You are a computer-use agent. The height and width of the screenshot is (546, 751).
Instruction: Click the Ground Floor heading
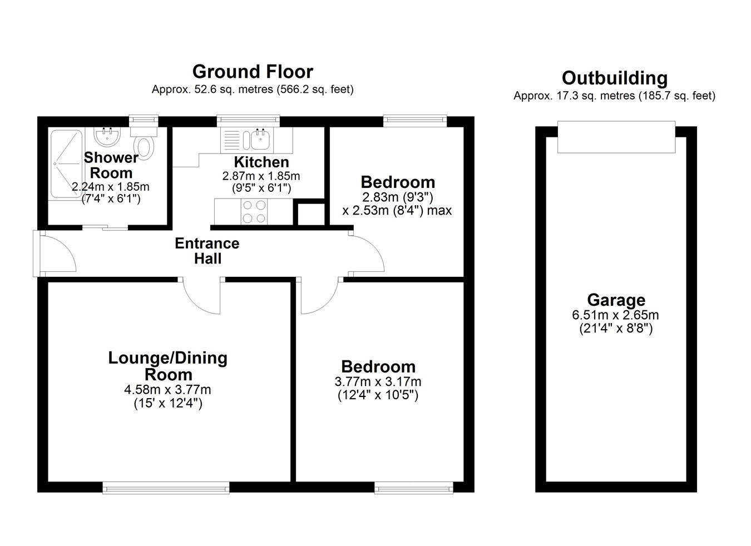(x=253, y=71)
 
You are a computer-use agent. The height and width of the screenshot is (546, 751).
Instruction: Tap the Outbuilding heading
(x=615, y=78)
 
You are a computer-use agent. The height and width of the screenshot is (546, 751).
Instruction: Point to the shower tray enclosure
(x=66, y=163)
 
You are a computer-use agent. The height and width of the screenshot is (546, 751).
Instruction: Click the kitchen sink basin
(x=260, y=140)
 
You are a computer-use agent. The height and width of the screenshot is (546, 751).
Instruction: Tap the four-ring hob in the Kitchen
(x=254, y=211)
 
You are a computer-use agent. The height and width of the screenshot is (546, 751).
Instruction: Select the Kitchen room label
(x=261, y=162)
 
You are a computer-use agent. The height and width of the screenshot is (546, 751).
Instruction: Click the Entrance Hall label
(x=207, y=251)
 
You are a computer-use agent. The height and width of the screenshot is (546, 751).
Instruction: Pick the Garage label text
(x=616, y=300)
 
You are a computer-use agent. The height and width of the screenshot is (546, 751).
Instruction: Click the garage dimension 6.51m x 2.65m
(x=616, y=315)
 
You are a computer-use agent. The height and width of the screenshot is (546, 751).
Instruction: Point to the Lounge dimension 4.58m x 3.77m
(x=167, y=389)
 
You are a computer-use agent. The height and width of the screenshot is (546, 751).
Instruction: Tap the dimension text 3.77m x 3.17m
(x=378, y=381)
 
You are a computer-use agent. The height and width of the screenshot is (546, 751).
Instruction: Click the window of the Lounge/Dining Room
(x=166, y=488)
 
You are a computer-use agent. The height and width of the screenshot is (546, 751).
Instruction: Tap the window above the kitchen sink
(x=248, y=120)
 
